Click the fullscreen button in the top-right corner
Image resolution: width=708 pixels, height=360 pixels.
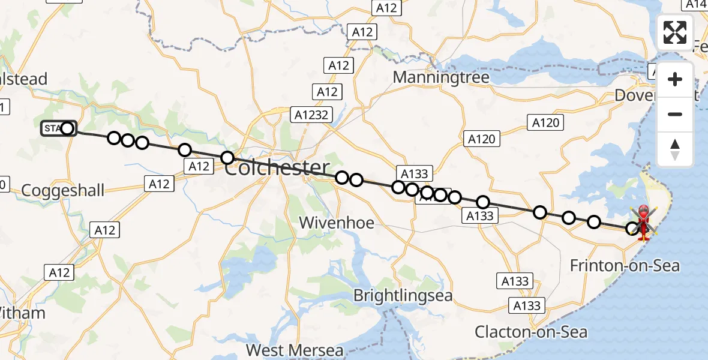[x=675, y=32]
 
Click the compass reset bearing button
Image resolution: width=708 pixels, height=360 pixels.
[x=675, y=149]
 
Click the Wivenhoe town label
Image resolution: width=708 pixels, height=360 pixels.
[x=337, y=223]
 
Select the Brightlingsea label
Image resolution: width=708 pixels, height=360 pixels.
[x=403, y=296]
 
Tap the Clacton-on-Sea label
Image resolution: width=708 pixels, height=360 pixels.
[x=531, y=332]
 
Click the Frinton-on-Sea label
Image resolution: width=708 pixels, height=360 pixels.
[x=625, y=265]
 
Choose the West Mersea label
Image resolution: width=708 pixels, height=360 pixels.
[x=295, y=350]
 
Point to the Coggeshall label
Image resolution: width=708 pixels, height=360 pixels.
[x=62, y=191]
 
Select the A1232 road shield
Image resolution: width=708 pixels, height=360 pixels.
[x=310, y=115]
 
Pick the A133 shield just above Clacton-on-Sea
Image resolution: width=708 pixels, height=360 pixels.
[x=526, y=306]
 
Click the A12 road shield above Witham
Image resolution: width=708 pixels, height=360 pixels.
[x=59, y=273]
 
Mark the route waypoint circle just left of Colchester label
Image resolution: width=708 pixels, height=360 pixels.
[x=227, y=158]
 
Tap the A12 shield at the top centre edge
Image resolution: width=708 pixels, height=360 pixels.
[x=386, y=8]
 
